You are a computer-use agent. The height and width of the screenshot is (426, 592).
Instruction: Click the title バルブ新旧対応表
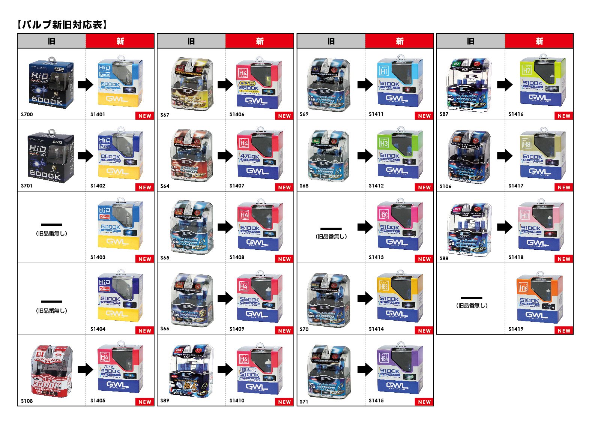click(62, 25)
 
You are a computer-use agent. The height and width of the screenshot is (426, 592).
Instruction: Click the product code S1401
click(98, 114)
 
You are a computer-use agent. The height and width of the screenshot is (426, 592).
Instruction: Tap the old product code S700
click(27, 114)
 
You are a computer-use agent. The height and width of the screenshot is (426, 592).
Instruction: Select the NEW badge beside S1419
click(564, 330)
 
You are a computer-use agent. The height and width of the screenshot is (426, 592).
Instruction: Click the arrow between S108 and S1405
click(85, 370)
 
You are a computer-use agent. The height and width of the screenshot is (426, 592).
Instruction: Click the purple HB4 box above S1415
click(400, 369)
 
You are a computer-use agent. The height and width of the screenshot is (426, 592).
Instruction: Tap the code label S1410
click(237, 400)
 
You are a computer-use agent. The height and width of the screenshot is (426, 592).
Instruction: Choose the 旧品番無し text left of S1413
click(331, 237)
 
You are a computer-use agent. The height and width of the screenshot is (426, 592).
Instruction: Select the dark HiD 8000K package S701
click(51, 156)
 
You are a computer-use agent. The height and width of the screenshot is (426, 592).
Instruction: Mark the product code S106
click(445, 186)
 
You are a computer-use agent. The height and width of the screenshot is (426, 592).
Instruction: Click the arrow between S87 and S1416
click(505, 84)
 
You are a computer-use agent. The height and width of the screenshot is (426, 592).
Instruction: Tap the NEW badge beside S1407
click(284, 187)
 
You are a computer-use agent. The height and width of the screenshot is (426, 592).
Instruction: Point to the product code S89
click(165, 400)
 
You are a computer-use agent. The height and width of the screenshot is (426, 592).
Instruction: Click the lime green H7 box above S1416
click(540, 83)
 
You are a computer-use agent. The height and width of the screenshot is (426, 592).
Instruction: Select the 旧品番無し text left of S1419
click(472, 306)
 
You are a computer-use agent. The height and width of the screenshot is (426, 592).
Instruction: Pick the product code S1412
click(376, 186)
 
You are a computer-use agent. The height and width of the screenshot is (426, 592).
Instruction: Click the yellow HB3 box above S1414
click(400, 298)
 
